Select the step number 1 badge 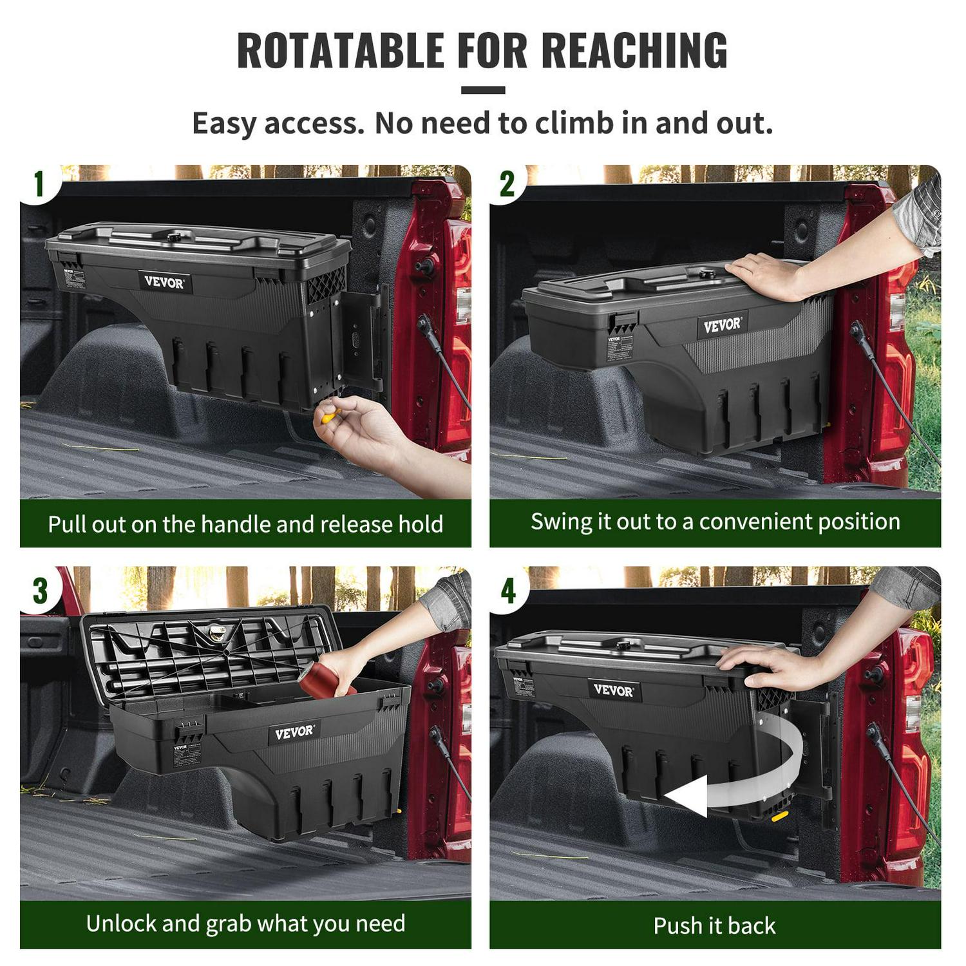click(x=39, y=184)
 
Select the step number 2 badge click(x=507, y=184)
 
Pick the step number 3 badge click(x=40, y=591)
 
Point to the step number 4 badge click(x=508, y=591)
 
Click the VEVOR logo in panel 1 click(x=164, y=282)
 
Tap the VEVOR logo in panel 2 click(x=722, y=325)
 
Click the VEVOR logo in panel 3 click(x=294, y=733)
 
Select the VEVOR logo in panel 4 click(x=613, y=690)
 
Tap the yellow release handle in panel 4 click(x=779, y=817)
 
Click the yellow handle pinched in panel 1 click(x=329, y=415)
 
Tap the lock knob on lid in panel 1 click(x=174, y=238)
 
